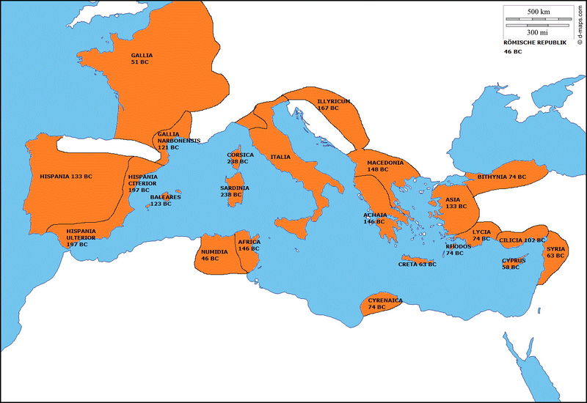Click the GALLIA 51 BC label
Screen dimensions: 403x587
[142, 59]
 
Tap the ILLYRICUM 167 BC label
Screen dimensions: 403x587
[333, 104]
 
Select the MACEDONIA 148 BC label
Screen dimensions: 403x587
[385, 166]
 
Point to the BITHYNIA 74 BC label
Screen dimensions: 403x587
[502, 177]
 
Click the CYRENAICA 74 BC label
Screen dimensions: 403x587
[385, 304]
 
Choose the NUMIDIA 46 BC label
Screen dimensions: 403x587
[214, 255]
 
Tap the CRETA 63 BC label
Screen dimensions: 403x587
[417, 265]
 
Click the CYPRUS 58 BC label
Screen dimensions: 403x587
[514, 264]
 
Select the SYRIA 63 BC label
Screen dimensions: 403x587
[555, 252]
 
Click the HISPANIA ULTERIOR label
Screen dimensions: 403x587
[81, 237]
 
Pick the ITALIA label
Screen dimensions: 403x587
[280, 157]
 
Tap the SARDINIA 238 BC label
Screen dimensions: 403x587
[234, 191]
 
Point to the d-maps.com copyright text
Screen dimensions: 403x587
[580, 29]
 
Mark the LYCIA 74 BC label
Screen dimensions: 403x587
[481, 235]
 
